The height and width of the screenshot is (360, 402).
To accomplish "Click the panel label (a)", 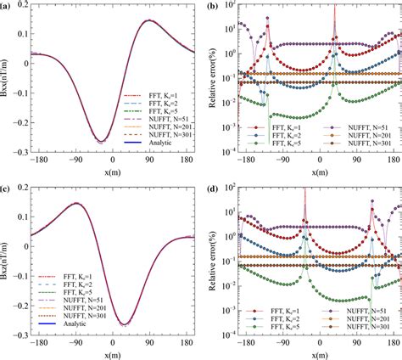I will (7, 7).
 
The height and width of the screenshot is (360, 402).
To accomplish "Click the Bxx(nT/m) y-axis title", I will (7, 85).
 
